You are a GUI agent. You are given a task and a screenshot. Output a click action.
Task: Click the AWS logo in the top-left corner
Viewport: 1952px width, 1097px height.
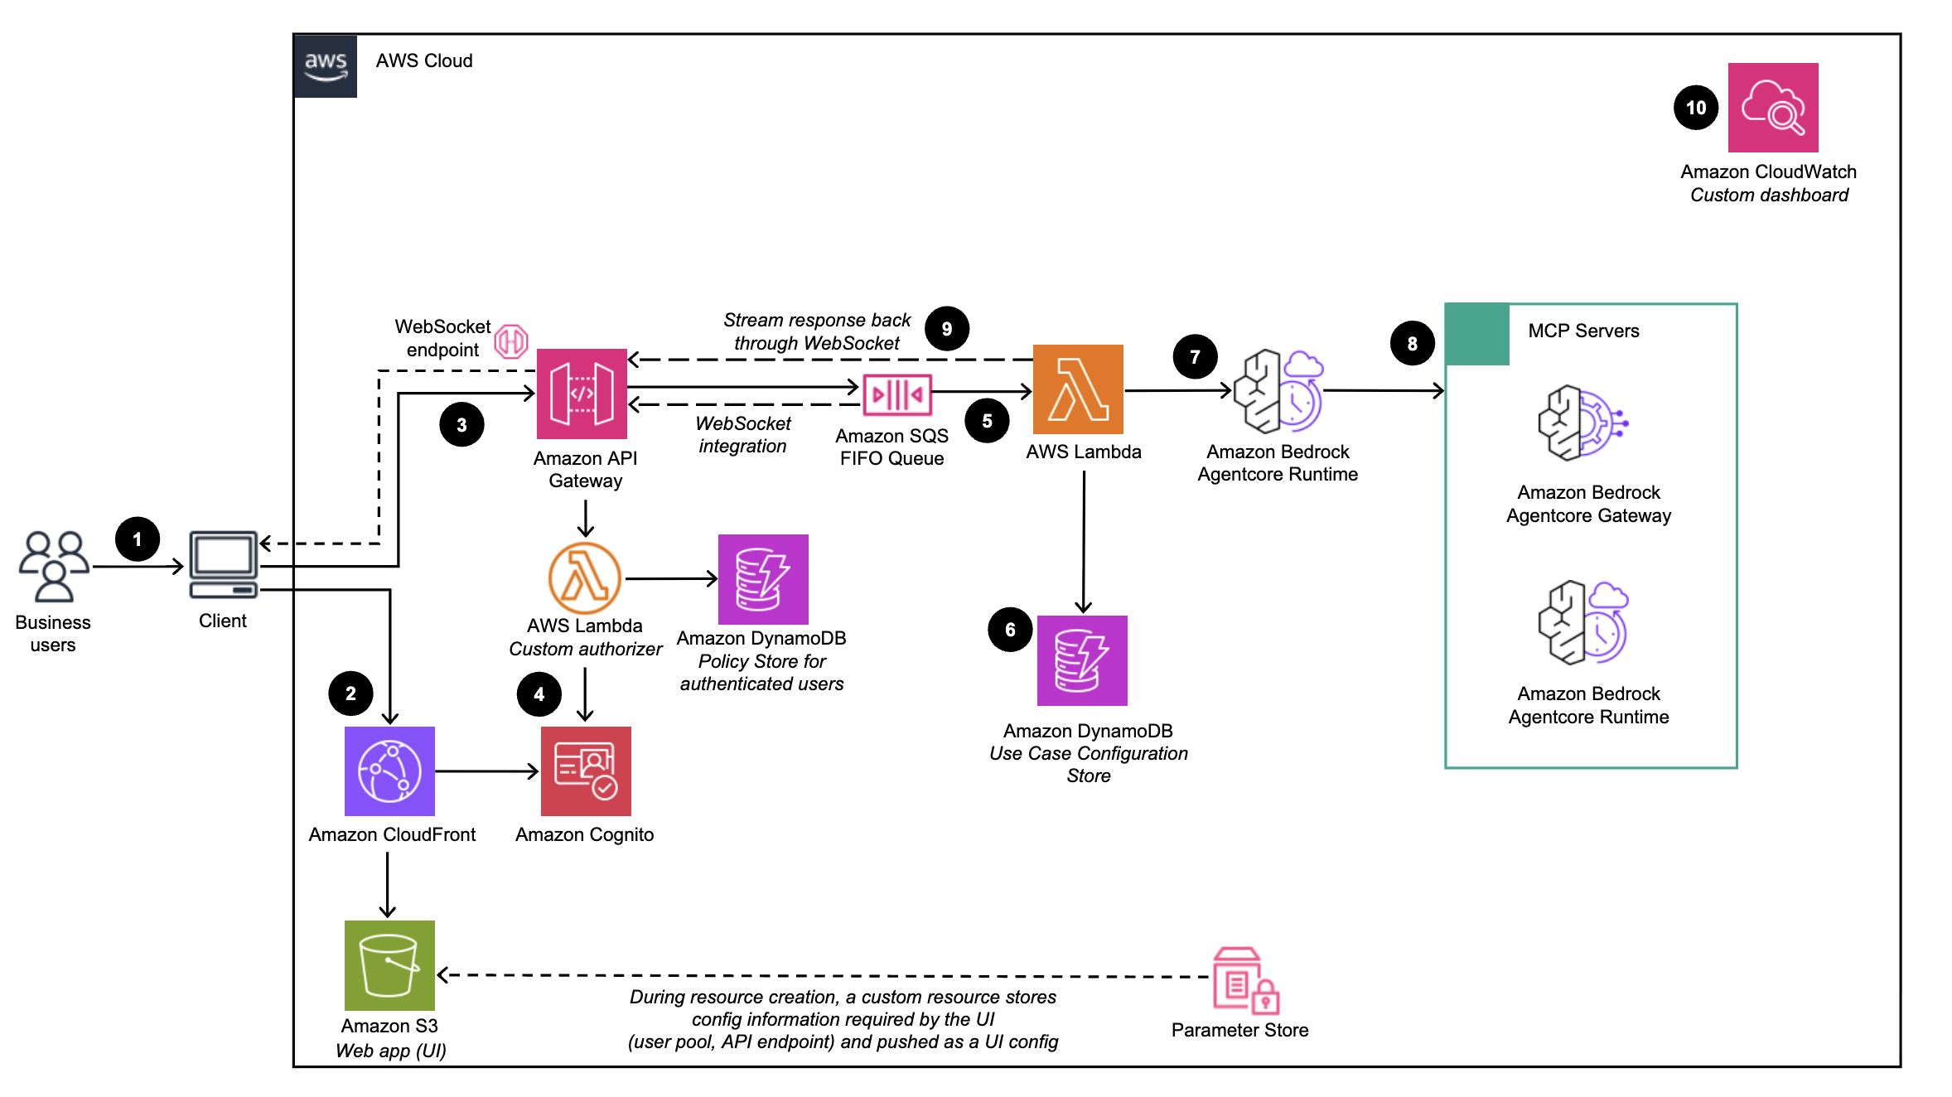tap(326, 65)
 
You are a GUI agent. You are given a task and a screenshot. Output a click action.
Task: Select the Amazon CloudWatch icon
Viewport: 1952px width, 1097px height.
tap(1772, 108)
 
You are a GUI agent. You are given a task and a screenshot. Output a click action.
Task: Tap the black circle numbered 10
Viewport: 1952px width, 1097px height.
tap(1695, 108)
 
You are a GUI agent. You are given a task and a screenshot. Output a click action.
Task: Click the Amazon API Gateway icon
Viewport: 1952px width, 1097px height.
tap(582, 394)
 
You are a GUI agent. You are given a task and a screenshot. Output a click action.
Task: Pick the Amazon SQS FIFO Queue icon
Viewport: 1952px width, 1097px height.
tap(896, 394)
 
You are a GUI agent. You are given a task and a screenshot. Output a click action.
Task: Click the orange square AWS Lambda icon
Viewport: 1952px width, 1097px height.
tap(1077, 389)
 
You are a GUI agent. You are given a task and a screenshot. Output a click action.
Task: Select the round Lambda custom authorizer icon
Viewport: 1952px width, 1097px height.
tap(584, 578)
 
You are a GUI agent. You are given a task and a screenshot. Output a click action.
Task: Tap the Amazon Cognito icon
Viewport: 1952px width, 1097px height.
tap(585, 771)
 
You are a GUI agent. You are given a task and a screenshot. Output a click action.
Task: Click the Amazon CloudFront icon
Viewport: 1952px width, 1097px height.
tap(389, 771)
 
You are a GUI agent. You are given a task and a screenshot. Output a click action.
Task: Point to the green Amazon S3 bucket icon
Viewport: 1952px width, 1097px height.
tap(389, 965)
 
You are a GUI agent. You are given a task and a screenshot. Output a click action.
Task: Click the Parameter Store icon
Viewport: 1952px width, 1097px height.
tap(1244, 982)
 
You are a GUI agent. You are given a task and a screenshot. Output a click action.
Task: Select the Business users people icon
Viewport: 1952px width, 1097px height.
tap(54, 566)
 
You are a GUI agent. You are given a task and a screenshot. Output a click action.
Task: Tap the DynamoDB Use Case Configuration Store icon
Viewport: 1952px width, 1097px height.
tap(1082, 660)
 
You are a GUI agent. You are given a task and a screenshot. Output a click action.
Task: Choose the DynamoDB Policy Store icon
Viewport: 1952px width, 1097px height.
tap(762, 579)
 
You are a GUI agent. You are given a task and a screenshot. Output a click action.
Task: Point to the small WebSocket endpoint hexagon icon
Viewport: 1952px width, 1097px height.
tap(511, 341)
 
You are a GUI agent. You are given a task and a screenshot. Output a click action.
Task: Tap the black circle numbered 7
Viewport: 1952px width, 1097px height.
tap(1194, 357)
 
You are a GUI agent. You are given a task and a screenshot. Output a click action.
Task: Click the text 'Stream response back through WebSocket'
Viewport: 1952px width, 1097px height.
tap(816, 331)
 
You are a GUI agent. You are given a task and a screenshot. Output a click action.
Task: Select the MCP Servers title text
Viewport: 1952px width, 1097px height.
tap(1582, 331)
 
